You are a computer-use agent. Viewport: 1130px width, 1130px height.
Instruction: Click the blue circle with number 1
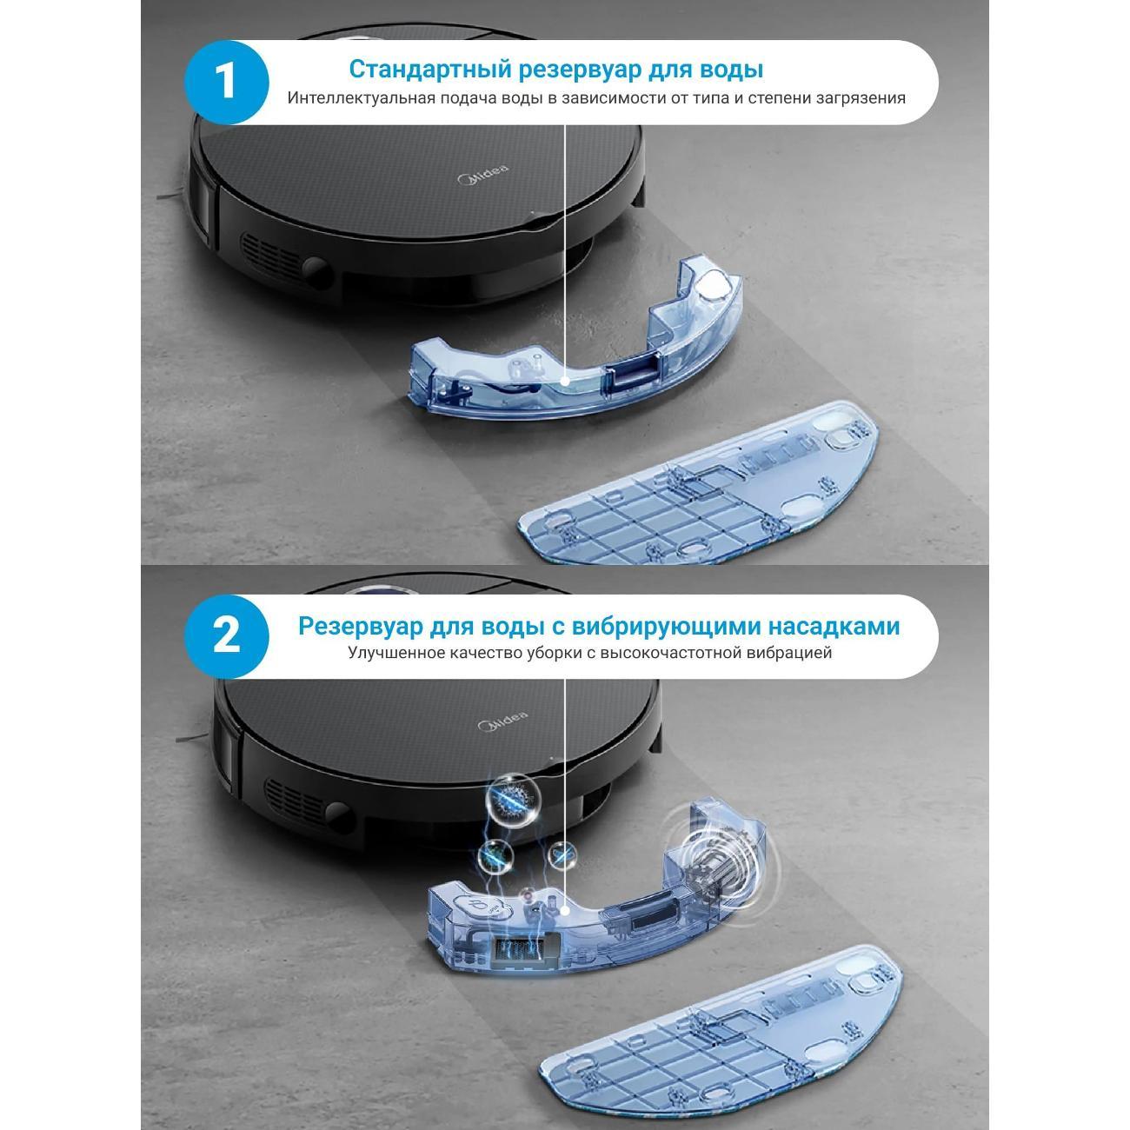(x=226, y=82)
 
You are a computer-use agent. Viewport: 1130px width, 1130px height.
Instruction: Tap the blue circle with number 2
(x=226, y=637)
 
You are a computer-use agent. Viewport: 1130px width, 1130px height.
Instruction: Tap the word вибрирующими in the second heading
(x=667, y=626)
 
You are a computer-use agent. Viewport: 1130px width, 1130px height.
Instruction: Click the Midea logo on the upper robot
(x=482, y=174)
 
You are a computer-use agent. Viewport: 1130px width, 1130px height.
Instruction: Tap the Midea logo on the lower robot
(x=502, y=721)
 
